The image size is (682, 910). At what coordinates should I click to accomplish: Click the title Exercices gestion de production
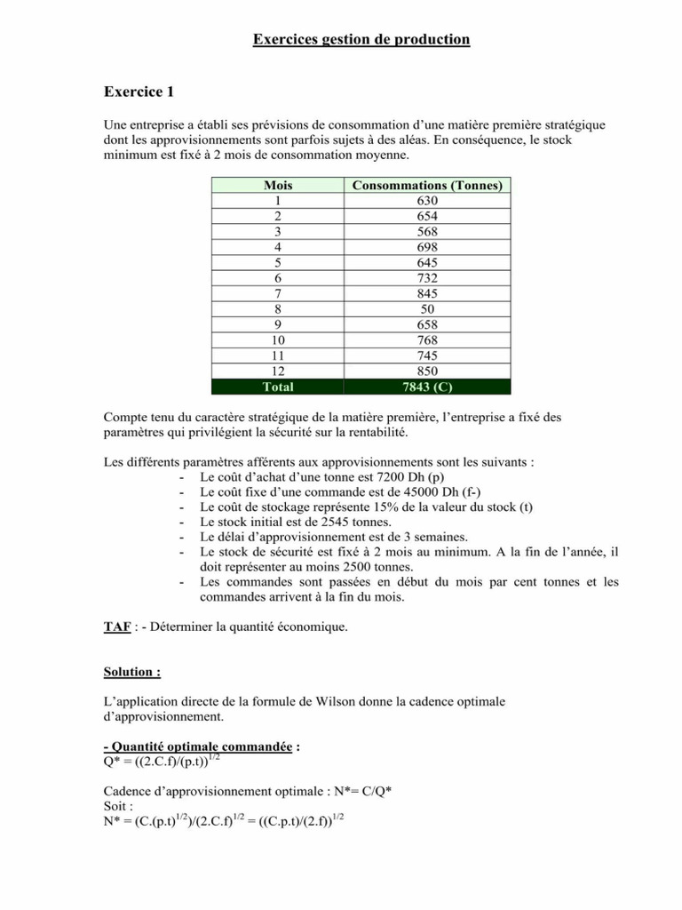pos(361,39)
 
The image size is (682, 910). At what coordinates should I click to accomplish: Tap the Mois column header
pos(278,186)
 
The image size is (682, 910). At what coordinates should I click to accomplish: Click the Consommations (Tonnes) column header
pos(427,186)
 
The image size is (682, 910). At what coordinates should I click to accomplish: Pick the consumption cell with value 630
pos(427,201)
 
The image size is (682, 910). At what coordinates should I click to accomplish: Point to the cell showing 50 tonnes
pos(427,307)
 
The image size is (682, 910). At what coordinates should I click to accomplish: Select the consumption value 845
pos(427,292)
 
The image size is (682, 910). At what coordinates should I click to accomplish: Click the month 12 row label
pos(278,370)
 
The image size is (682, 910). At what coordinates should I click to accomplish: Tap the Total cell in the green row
pos(278,387)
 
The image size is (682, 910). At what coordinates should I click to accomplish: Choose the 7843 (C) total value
pos(427,387)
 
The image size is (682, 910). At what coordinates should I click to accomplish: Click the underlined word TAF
pos(116,627)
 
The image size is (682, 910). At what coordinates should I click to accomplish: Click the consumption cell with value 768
pos(427,339)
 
